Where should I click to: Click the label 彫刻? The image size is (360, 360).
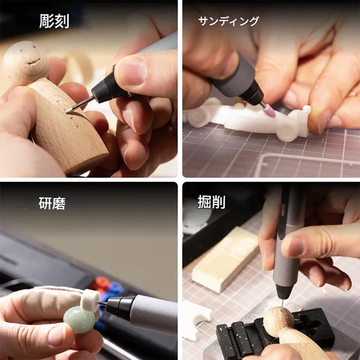pos(54,21)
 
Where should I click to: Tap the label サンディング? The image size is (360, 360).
pos(229,22)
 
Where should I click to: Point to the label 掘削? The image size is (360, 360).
pos(212,202)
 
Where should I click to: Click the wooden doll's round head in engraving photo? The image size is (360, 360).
pos(25,63)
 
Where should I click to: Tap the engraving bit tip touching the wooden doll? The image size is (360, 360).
pos(70,110)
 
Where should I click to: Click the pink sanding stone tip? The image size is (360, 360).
pos(268,110)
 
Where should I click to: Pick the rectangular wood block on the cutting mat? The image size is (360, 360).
pos(225,259)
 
